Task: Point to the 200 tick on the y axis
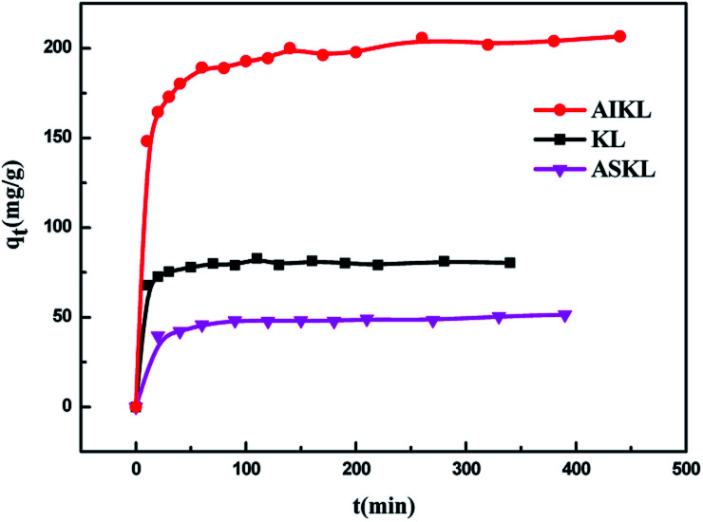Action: pyautogui.click(x=60, y=48)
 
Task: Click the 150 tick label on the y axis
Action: pyautogui.click(x=60, y=138)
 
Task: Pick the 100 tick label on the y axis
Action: pyautogui.click(x=60, y=228)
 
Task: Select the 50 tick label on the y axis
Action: pyautogui.click(x=65, y=317)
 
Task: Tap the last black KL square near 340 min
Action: pyautogui.click(x=510, y=262)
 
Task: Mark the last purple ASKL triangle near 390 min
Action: pyautogui.click(x=565, y=315)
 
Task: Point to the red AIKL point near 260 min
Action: pyautogui.click(x=422, y=38)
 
